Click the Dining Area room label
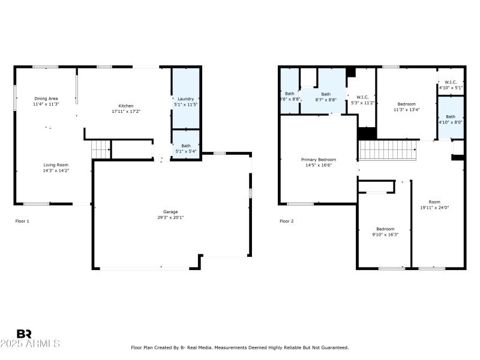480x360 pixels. click(x=46, y=98)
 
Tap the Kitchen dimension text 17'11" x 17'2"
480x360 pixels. click(x=125, y=112)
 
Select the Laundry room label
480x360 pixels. click(x=186, y=99)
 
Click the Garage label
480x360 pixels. click(x=170, y=212)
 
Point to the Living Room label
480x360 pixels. click(x=55, y=164)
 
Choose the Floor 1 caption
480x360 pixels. click(x=22, y=221)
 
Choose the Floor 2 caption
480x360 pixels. click(x=286, y=221)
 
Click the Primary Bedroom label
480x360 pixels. click(x=319, y=160)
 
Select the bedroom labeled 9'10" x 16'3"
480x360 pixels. click(x=385, y=234)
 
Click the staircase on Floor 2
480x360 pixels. click(x=388, y=150)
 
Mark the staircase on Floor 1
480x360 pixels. click(x=101, y=150)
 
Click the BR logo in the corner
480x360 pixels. click(x=24, y=334)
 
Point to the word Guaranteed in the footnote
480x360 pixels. click(x=332, y=347)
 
